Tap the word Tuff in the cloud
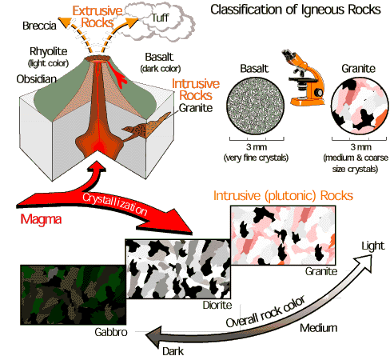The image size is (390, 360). (x=160, y=18)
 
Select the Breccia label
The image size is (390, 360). (x=39, y=26)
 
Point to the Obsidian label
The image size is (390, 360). (x=37, y=79)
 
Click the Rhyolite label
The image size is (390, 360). (x=49, y=51)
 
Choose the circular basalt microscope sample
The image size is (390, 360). (x=255, y=106)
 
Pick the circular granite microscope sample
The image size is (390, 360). (x=360, y=106)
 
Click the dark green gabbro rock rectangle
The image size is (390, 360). (x=74, y=294)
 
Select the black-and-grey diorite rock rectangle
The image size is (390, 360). (x=178, y=269)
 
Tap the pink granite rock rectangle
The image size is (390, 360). (x=283, y=235)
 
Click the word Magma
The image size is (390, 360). (x=41, y=219)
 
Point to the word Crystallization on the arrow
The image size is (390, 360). (x=114, y=204)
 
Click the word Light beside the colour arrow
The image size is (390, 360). (x=373, y=246)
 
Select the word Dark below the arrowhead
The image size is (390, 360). (x=173, y=351)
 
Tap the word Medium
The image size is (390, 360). (x=319, y=328)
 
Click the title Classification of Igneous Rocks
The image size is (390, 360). (x=296, y=10)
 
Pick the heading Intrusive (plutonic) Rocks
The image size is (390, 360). (x=283, y=196)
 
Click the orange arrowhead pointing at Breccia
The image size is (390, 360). (x=65, y=22)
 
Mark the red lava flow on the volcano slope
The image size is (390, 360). (x=117, y=74)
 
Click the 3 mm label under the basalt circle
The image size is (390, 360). (x=257, y=147)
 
